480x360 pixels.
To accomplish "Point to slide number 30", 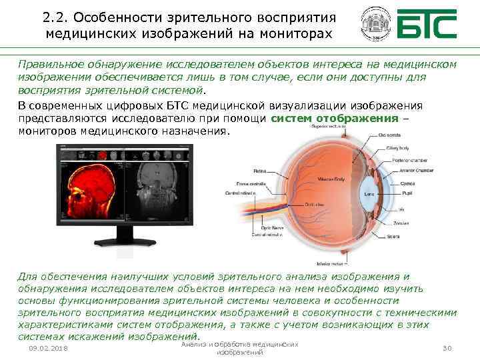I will point(448,348).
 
